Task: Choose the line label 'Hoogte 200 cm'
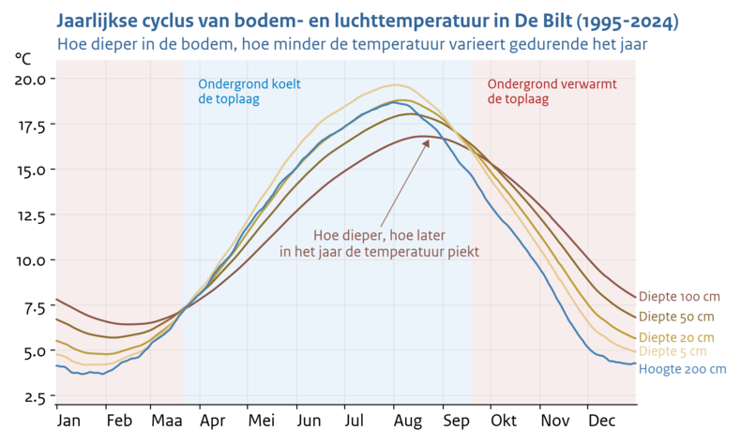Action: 682,369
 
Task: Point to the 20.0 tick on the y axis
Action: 30,80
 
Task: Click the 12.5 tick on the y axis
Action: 30,215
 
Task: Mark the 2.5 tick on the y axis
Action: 33,397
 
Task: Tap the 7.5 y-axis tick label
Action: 33,306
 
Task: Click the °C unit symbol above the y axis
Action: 23,58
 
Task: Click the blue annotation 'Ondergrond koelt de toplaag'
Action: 249,91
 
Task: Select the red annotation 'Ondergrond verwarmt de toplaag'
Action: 552,91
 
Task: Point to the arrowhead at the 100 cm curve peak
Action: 427,141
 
